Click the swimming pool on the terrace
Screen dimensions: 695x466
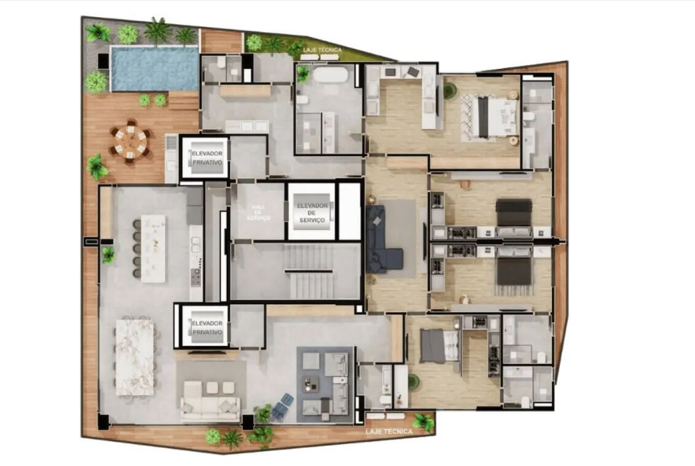tap(154, 68)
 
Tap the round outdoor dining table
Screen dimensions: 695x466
tap(131, 141)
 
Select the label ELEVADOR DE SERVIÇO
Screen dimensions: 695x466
tap(312, 213)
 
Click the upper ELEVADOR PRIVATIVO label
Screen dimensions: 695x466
tap(207, 158)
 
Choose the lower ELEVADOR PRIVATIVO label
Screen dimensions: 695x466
tap(207, 328)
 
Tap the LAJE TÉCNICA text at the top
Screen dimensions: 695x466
tap(322, 50)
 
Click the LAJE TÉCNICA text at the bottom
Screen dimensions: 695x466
tap(389, 432)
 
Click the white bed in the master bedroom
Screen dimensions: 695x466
tap(496, 117)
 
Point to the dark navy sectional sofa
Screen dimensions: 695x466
tap(381, 239)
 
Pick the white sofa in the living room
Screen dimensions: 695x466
tap(210, 403)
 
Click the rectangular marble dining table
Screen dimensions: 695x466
tap(135, 357)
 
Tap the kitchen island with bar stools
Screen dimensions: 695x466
tap(153, 248)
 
